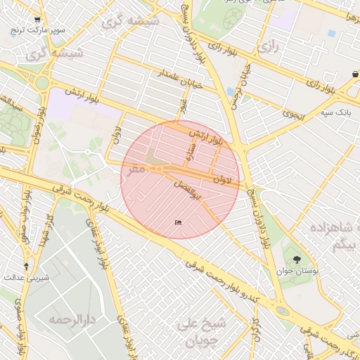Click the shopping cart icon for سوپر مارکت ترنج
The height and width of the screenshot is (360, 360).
[37, 20]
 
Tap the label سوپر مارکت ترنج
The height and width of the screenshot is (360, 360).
[37, 31]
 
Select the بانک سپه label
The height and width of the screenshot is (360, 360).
[335, 112]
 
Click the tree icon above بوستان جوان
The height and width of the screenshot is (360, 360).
[297, 259]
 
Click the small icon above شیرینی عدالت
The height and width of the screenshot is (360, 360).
[27, 266]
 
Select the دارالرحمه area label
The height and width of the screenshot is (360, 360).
[72, 319]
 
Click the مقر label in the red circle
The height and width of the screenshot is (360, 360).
[137, 169]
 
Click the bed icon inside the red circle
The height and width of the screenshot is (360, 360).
[178, 222]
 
